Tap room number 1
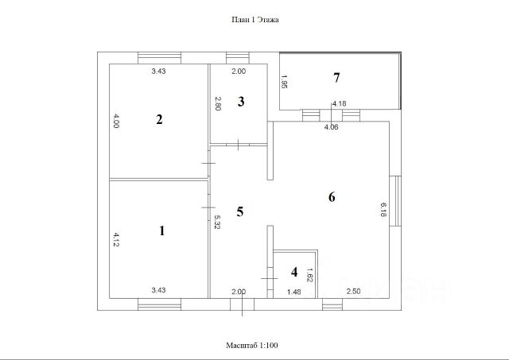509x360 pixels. [162, 231]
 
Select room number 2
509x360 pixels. [159, 120]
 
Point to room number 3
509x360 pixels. [241, 101]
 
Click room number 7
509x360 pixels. [336, 77]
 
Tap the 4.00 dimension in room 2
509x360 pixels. [116, 122]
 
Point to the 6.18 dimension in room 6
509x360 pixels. [383, 209]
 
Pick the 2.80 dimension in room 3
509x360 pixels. [217, 103]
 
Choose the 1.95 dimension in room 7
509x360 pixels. [284, 81]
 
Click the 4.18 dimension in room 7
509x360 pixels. [339, 103]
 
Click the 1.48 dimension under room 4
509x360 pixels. [293, 292]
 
